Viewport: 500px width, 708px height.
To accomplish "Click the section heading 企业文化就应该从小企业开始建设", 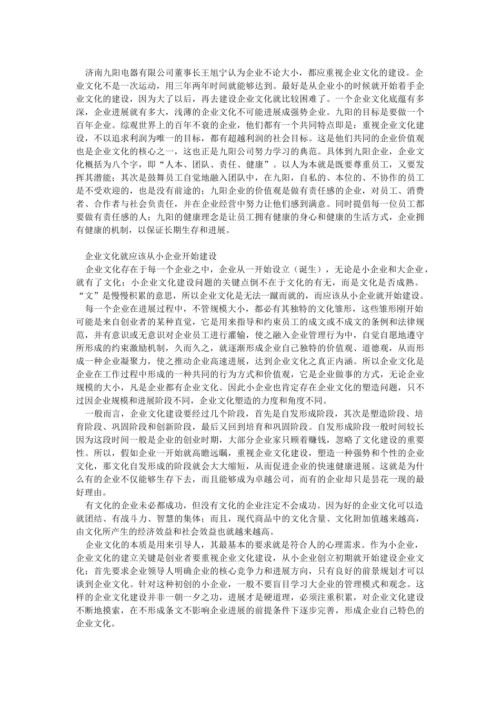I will coord(151,257).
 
